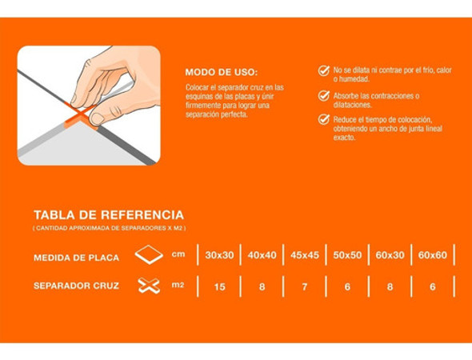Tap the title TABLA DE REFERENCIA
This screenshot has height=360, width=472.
[x=108, y=215]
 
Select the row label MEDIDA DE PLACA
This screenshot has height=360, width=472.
[x=76, y=258]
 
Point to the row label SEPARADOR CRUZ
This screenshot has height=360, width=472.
[x=77, y=286]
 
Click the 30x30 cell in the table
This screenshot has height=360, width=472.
[x=219, y=256]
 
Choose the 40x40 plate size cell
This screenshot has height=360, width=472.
[x=262, y=256]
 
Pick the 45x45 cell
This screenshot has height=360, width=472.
[x=305, y=256]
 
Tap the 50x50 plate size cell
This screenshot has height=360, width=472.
[x=347, y=256]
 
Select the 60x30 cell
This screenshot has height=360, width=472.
[x=390, y=256]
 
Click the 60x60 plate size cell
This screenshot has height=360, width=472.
[x=432, y=256]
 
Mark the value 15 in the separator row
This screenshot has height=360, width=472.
[x=219, y=286]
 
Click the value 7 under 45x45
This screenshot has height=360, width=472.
[x=305, y=286]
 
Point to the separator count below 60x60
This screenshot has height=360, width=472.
[x=432, y=286]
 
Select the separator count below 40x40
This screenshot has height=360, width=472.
[x=262, y=286]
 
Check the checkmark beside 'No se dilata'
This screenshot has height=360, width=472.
[x=323, y=70]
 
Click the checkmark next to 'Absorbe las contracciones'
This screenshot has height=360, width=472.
[x=323, y=95]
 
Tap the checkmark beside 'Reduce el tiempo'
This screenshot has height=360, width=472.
[x=323, y=119]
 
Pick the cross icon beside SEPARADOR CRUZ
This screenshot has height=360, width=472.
[x=149, y=286]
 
